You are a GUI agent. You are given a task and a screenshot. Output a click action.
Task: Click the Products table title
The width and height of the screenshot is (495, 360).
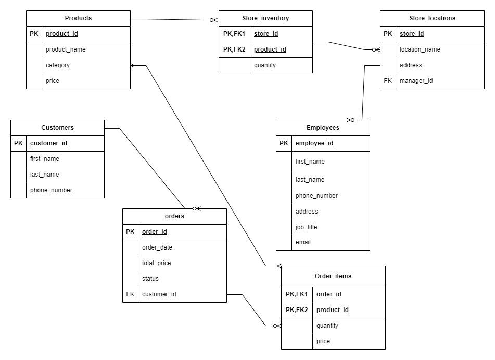tap(78, 18)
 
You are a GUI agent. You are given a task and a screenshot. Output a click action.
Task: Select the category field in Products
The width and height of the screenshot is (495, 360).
tap(58, 65)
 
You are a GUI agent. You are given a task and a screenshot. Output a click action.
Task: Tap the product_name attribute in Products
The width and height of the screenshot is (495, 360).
tap(66, 49)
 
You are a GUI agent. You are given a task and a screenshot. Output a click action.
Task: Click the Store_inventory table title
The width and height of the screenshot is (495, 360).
tap(265, 18)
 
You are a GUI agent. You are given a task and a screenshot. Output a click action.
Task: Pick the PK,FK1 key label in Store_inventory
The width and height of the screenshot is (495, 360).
tap(234, 34)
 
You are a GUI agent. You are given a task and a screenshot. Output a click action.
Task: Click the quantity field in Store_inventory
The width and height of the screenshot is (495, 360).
tap(265, 65)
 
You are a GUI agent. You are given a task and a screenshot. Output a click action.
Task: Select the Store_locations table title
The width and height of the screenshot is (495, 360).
tap(432, 18)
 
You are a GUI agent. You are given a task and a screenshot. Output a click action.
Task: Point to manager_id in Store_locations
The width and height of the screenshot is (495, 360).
tap(416, 81)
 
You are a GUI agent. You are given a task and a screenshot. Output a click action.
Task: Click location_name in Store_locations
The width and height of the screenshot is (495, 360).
tap(420, 49)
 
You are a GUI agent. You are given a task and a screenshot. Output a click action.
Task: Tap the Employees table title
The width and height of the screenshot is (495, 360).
tap(323, 128)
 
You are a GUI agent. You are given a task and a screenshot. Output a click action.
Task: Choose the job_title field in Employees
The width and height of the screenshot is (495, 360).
tap(306, 227)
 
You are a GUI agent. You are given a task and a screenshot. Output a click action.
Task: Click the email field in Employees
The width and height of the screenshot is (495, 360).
tap(303, 242)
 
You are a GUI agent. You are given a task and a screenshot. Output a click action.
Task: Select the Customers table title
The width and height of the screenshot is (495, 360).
tap(57, 128)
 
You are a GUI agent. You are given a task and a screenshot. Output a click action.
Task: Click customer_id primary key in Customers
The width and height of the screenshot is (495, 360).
tap(48, 143)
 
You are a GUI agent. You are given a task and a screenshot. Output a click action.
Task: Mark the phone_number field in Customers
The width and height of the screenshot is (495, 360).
tap(51, 190)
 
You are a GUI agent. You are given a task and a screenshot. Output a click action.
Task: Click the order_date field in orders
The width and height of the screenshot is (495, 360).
tap(157, 247)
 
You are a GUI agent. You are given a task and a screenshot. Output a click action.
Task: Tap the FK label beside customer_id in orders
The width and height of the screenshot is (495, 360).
tap(130, 294)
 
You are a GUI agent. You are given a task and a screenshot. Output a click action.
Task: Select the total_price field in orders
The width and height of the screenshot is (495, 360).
tap(156, 263)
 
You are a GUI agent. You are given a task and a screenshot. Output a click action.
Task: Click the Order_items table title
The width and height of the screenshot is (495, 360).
tap(333, 276)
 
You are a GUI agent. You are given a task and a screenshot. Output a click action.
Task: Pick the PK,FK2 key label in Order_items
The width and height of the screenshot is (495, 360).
tap(297, 310)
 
